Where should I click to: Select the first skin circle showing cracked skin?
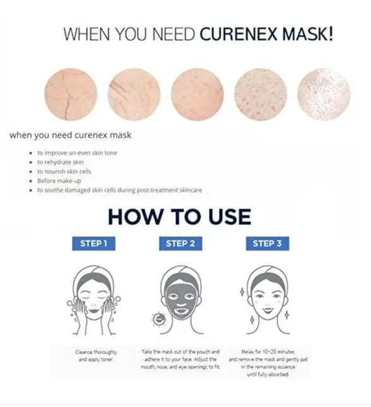click(x=71, y=95)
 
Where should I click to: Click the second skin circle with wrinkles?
click(x=134, y=95)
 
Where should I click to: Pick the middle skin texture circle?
click(x=197, y=95)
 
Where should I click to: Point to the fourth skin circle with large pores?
click(x=260, y=95)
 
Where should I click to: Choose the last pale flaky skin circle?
click(x=323, y=95)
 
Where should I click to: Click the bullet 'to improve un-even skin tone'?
click(x=76, y=153)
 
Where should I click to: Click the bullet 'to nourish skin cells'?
click(x=64, y=171)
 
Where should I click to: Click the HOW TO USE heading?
click(x=179, y=216)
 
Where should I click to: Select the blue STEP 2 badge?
click(x=180, y=243)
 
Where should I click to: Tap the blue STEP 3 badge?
click(x=267, y=243)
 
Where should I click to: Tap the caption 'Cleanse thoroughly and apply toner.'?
click(x=93, y=355)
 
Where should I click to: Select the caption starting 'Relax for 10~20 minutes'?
click(x=266, y=362)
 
